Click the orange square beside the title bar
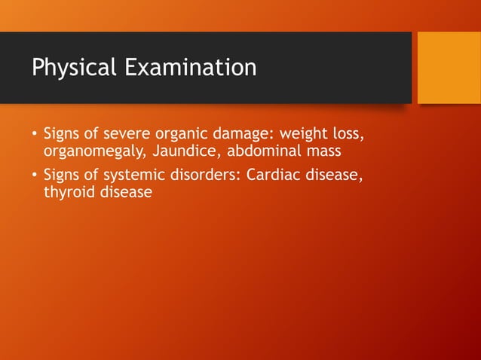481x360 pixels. [449, 68]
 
